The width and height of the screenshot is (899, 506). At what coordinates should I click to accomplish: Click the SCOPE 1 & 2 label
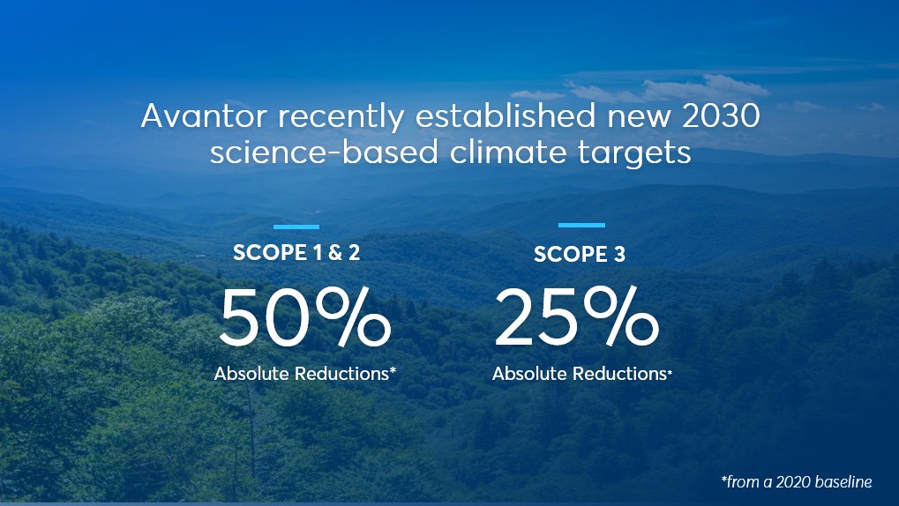(x=296, y=254)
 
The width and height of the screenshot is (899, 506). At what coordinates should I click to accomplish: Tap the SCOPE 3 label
(x=580, y=256)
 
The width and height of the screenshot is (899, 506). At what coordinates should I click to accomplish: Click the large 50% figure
(x=304, y=318)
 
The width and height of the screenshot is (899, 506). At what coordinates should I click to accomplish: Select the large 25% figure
(x=575, y=318)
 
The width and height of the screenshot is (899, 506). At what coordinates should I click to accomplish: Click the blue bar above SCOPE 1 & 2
(x=296, y=227)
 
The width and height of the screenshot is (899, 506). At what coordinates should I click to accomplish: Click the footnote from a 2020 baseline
(x=796, y=481)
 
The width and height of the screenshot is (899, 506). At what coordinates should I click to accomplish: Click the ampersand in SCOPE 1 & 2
(x=335, y=254)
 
